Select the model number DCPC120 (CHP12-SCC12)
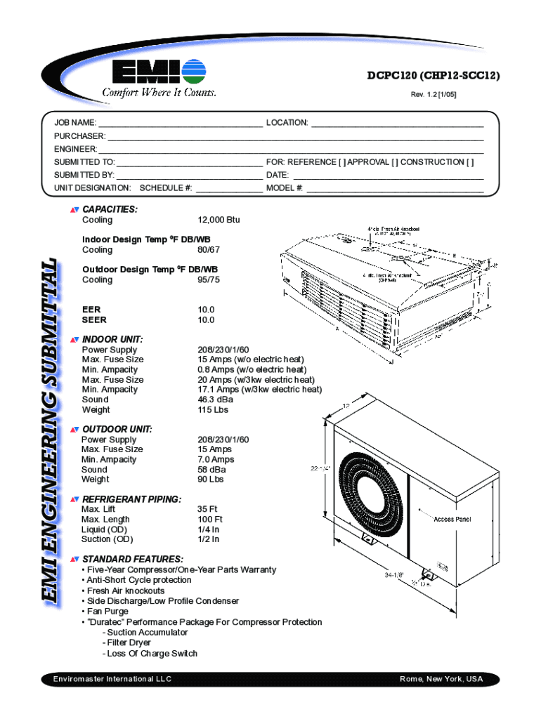(x=434, y=77)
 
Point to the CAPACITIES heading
(x=110, y=209)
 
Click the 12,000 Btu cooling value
(x=219, y=220)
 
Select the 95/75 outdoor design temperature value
(x=209, y=279)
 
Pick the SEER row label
(x=94, y=320)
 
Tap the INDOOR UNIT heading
(x=112, y=339)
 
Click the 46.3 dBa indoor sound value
(x=215, y=400)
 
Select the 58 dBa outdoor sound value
(x=211, y=469)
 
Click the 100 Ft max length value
(x=210, y=519)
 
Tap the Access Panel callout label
(x=452, y=520)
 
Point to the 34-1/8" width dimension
(x=393, y=574)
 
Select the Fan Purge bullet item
(x=105, y=612)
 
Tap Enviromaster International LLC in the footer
(x=112, y=679)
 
